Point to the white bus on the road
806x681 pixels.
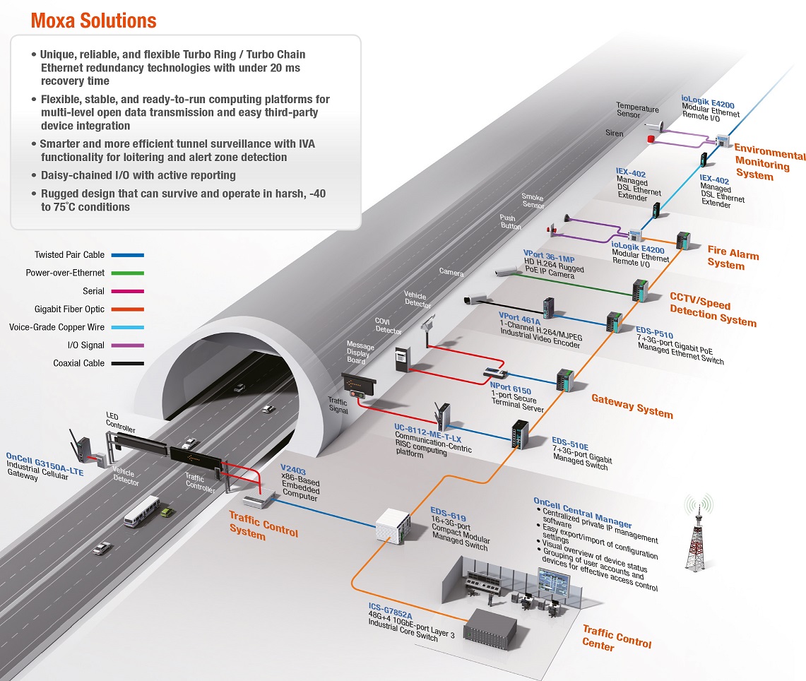142,511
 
